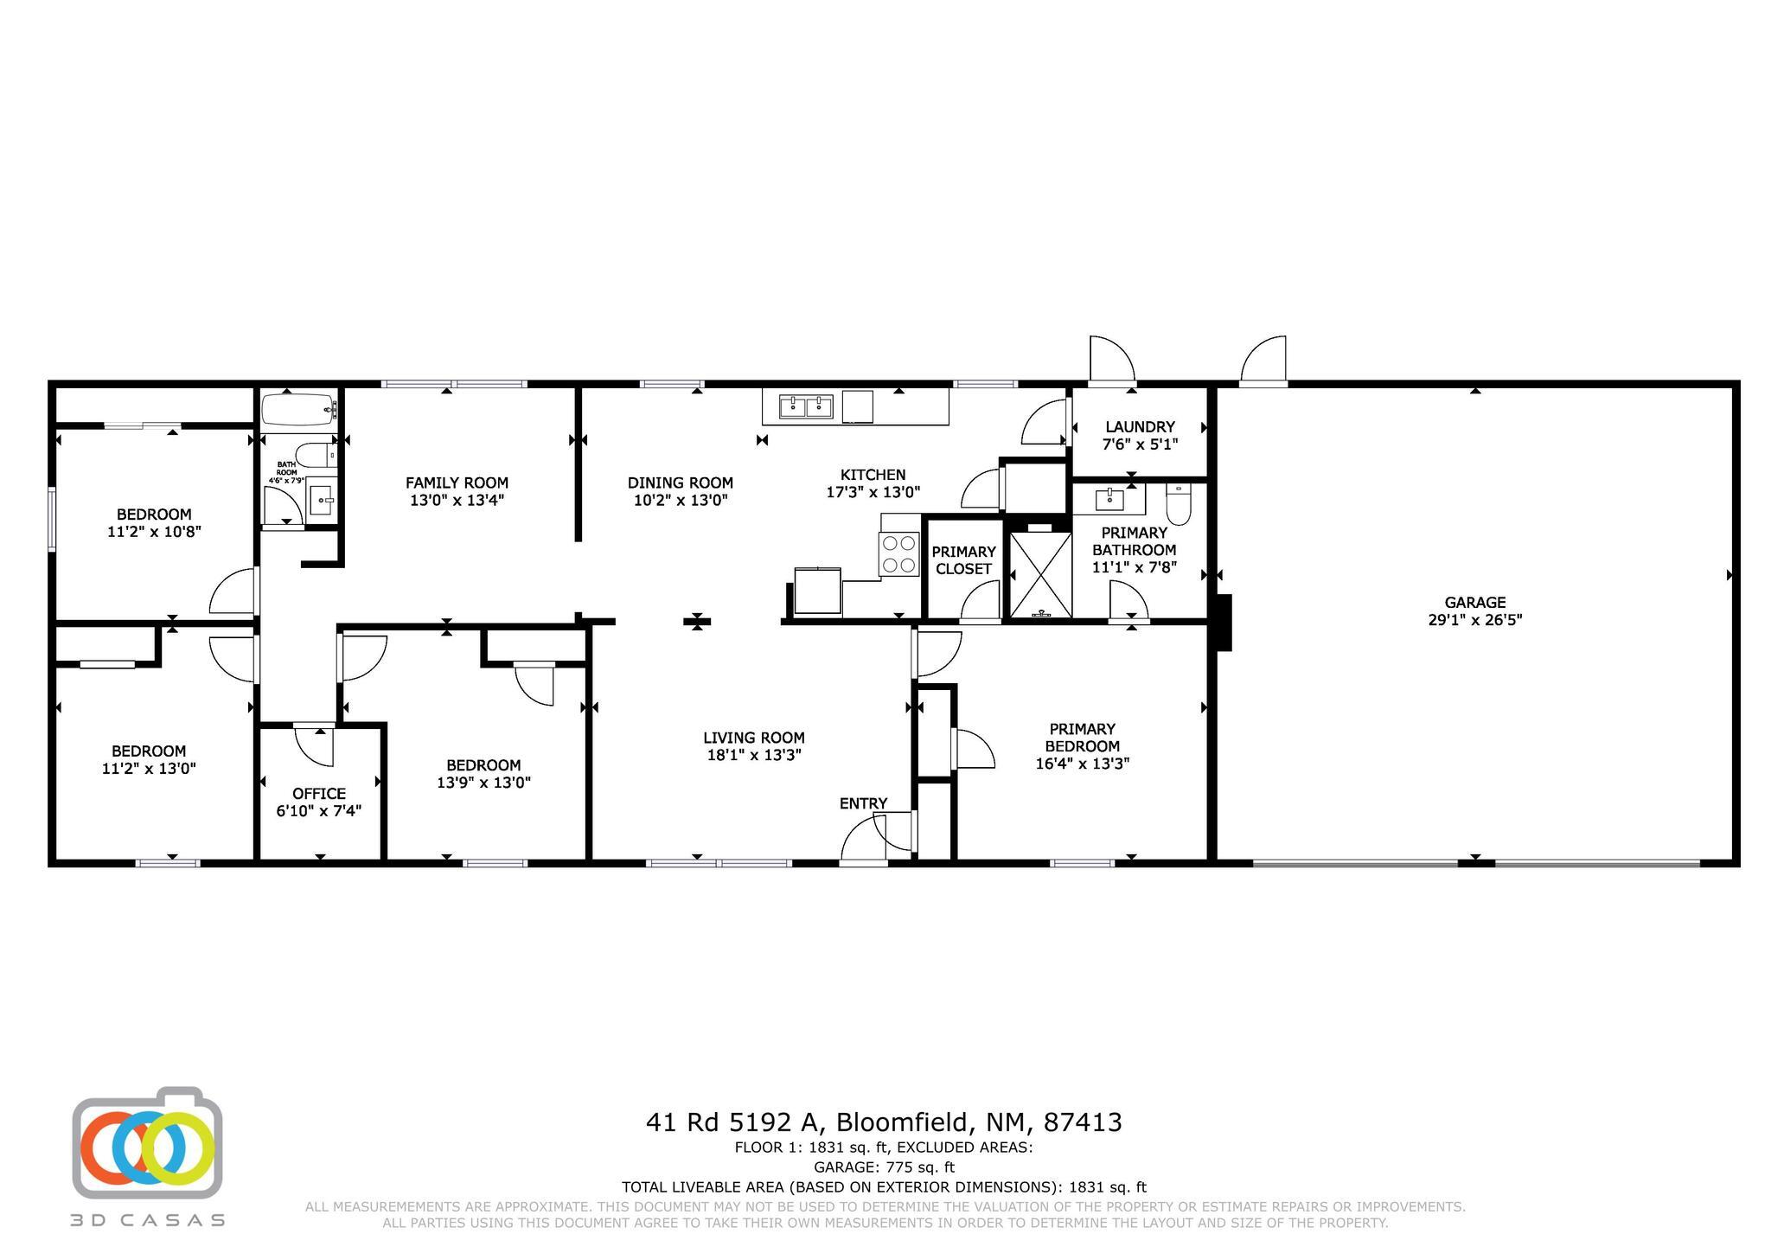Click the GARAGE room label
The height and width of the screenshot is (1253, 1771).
1474,603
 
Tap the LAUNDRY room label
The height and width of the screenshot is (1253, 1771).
1140,427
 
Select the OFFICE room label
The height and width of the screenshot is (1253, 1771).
319,794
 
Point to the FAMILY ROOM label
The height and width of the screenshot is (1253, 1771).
457,483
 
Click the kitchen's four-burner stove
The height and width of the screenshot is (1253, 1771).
898,554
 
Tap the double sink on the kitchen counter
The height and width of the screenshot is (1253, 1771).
806,406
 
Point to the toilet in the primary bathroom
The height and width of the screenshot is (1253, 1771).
1178,504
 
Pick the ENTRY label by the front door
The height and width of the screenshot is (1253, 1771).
863,804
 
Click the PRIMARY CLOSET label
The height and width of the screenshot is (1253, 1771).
963,560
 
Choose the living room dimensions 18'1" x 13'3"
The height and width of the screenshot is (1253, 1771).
754,755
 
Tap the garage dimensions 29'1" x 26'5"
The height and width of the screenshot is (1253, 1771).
1474,620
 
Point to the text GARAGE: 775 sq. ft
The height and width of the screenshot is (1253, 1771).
884,1167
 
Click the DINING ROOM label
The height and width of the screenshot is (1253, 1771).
681,483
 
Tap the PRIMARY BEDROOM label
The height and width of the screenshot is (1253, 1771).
1083,738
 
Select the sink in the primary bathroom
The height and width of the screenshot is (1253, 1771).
1109,500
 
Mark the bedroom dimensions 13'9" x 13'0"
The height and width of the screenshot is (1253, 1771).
483,783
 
